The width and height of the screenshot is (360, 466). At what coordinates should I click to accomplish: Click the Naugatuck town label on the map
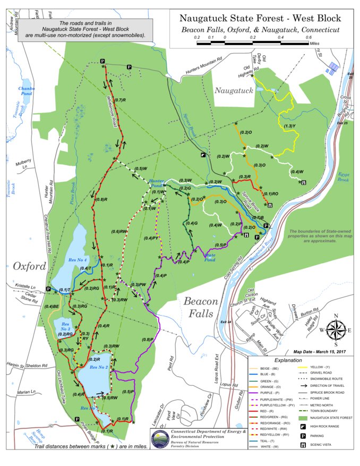[233, 91]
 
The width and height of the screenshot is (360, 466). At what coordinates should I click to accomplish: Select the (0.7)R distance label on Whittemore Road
[119, 100]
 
